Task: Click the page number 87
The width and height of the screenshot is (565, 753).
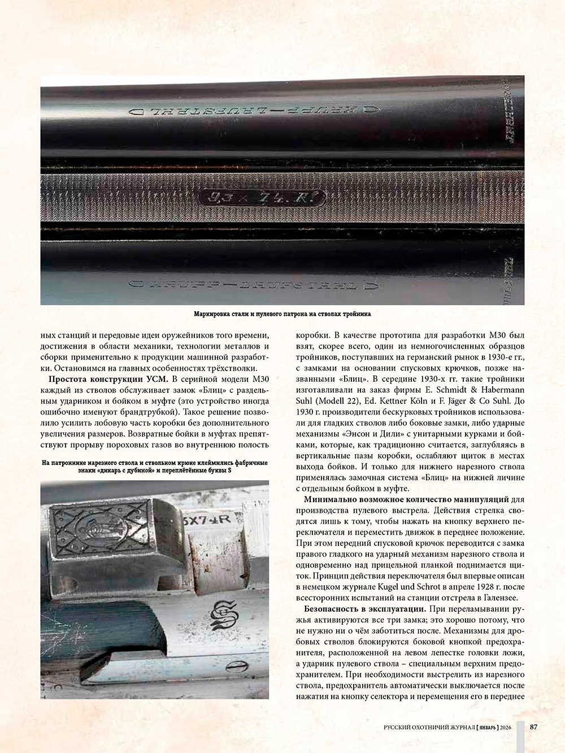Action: click(x=533, y=727)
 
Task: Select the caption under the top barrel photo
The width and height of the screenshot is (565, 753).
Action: click(x=282, y=314)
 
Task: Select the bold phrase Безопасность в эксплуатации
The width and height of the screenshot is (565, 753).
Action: click(x=365, y=609)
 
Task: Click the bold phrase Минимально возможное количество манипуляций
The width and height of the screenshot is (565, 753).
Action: click(x=406, y=499)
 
